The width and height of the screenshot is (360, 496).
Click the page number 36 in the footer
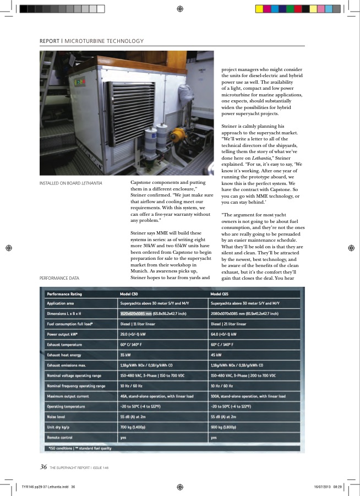pos(42,467)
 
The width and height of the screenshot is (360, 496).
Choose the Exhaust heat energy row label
pos(66,355)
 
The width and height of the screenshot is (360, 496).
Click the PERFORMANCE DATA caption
pos(59,278)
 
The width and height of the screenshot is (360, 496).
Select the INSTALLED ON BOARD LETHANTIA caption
pos(71,183)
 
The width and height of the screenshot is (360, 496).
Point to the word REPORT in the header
pos(50,41)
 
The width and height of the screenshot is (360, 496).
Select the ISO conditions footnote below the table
pos(80,448)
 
